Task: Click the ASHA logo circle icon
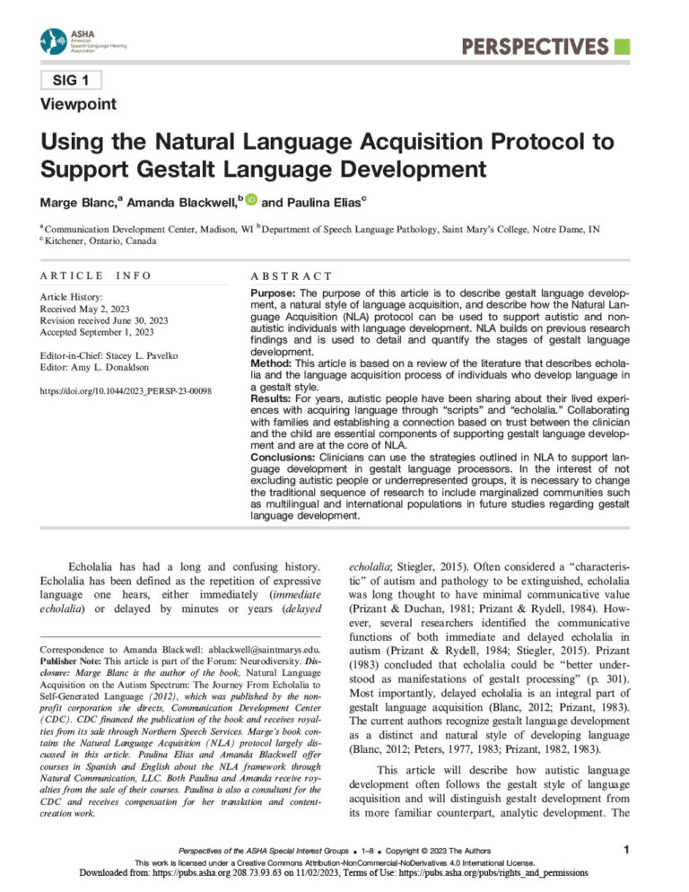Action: click(x=53, y=41)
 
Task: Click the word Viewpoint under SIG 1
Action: click(x=78, y=104)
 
